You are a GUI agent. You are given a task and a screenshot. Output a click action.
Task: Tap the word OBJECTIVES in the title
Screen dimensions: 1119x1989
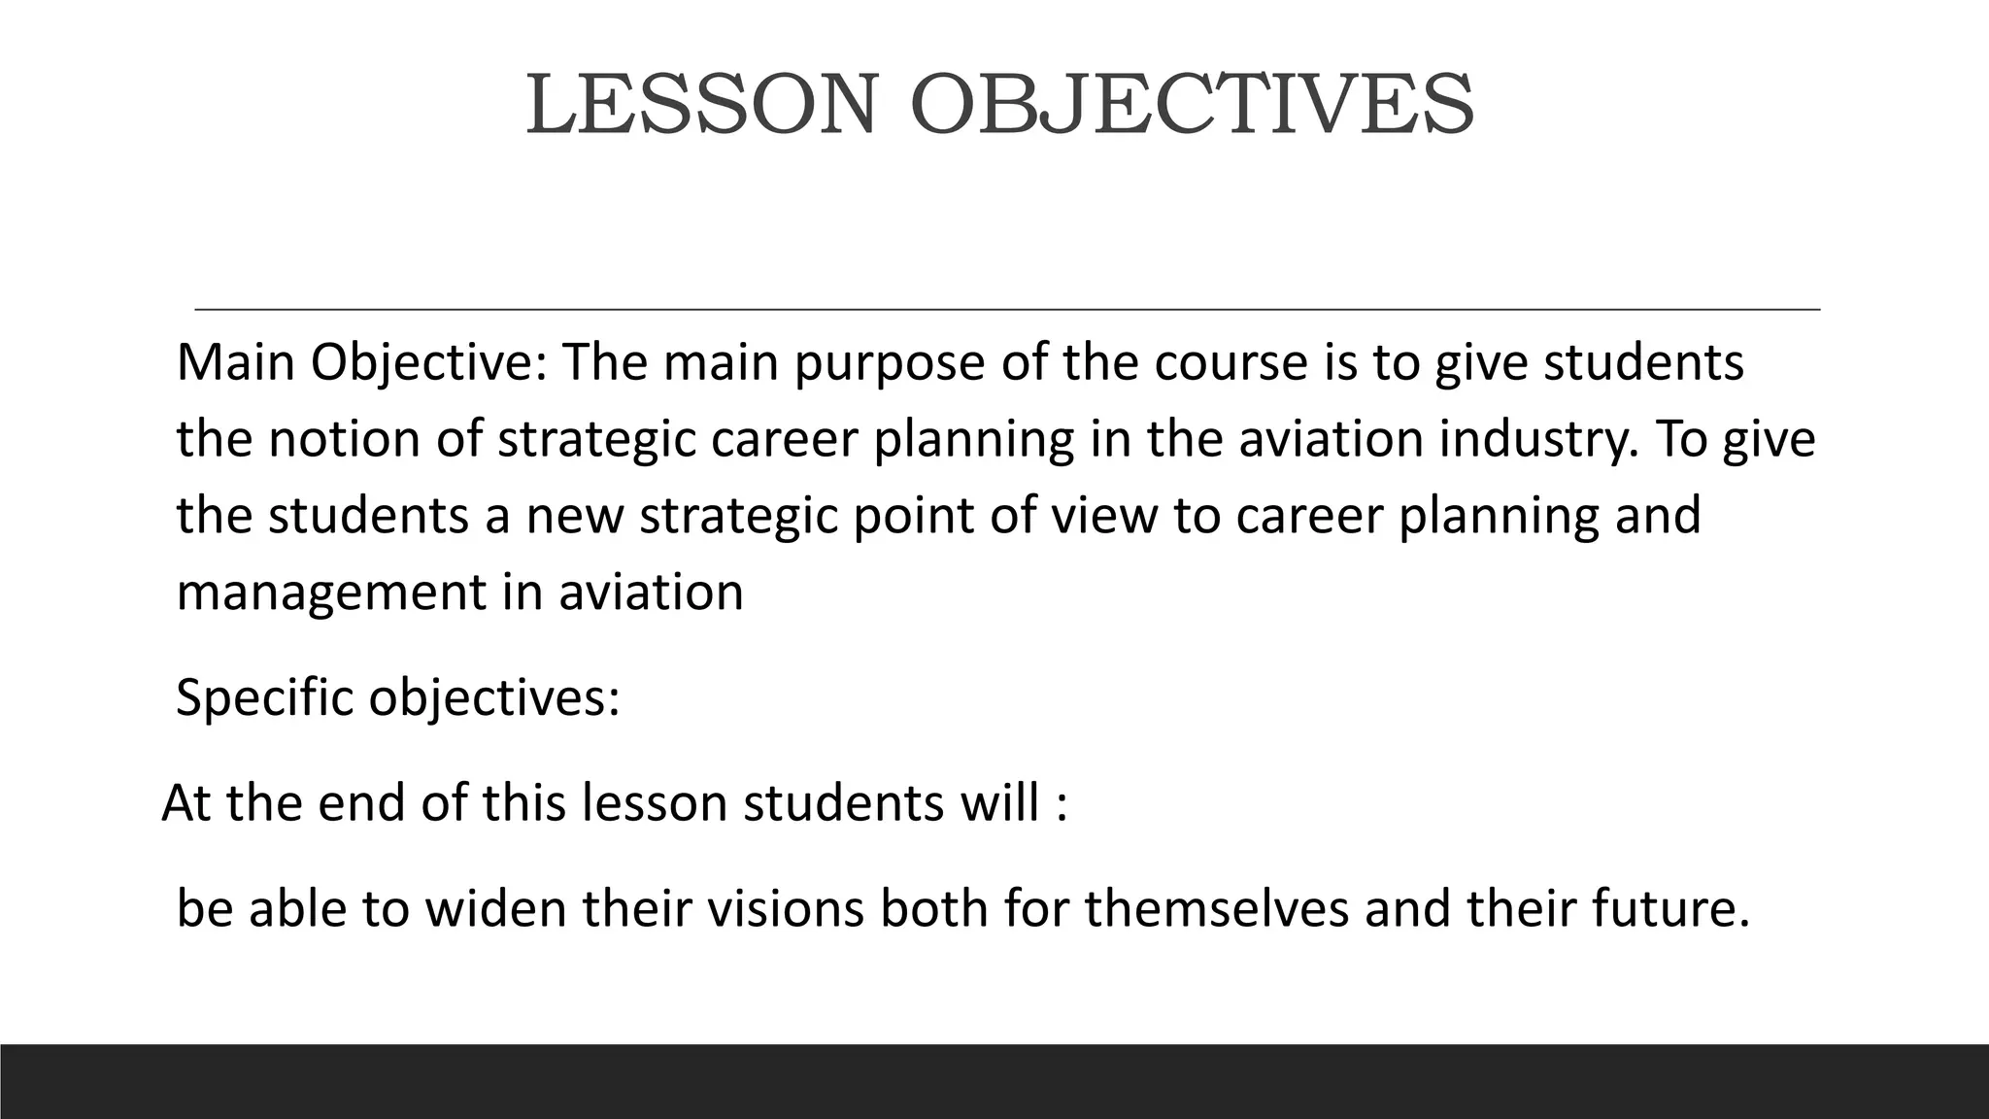coord(1192,105)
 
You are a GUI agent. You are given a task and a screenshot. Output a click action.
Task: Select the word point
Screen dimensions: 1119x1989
coord(914,516)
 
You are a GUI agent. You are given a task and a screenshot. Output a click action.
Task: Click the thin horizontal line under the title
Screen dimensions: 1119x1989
coord(1007,309)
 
